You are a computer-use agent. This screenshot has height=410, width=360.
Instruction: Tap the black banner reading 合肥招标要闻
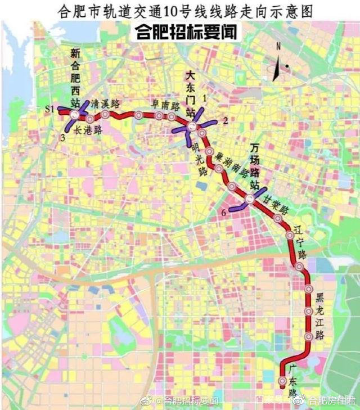186,32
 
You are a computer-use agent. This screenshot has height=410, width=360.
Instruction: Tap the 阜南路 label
166,105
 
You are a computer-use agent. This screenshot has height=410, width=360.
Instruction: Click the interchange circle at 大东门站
192,127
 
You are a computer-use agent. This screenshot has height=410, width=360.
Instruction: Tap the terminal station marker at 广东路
282,382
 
